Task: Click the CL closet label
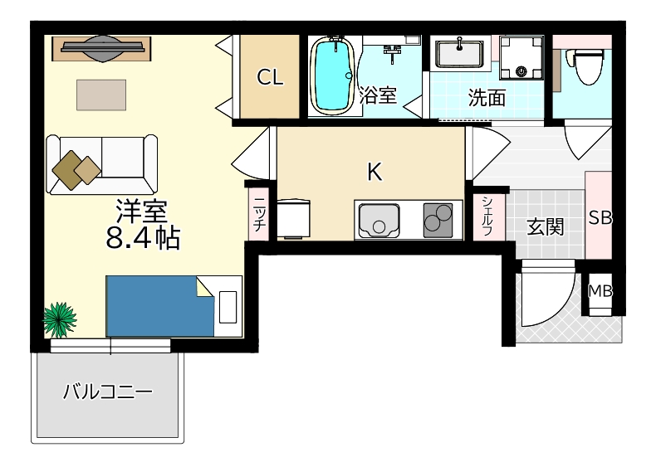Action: (x=270, y=78)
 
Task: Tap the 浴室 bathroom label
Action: (x=379, y=95)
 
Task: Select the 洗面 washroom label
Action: (x=487, y=98)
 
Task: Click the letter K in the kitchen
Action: (x=375, y=172)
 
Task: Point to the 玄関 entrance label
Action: (x=546, y=226)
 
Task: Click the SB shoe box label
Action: (x=600, y=217)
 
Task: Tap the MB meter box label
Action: (x=600, y=291)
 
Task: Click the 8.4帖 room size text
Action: (x=144, y=238)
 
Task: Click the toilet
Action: (x=587, y=65)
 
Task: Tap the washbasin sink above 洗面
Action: (x=459, y=53)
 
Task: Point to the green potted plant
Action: (x=60, y=318)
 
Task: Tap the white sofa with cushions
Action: (x=102, y=164)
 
